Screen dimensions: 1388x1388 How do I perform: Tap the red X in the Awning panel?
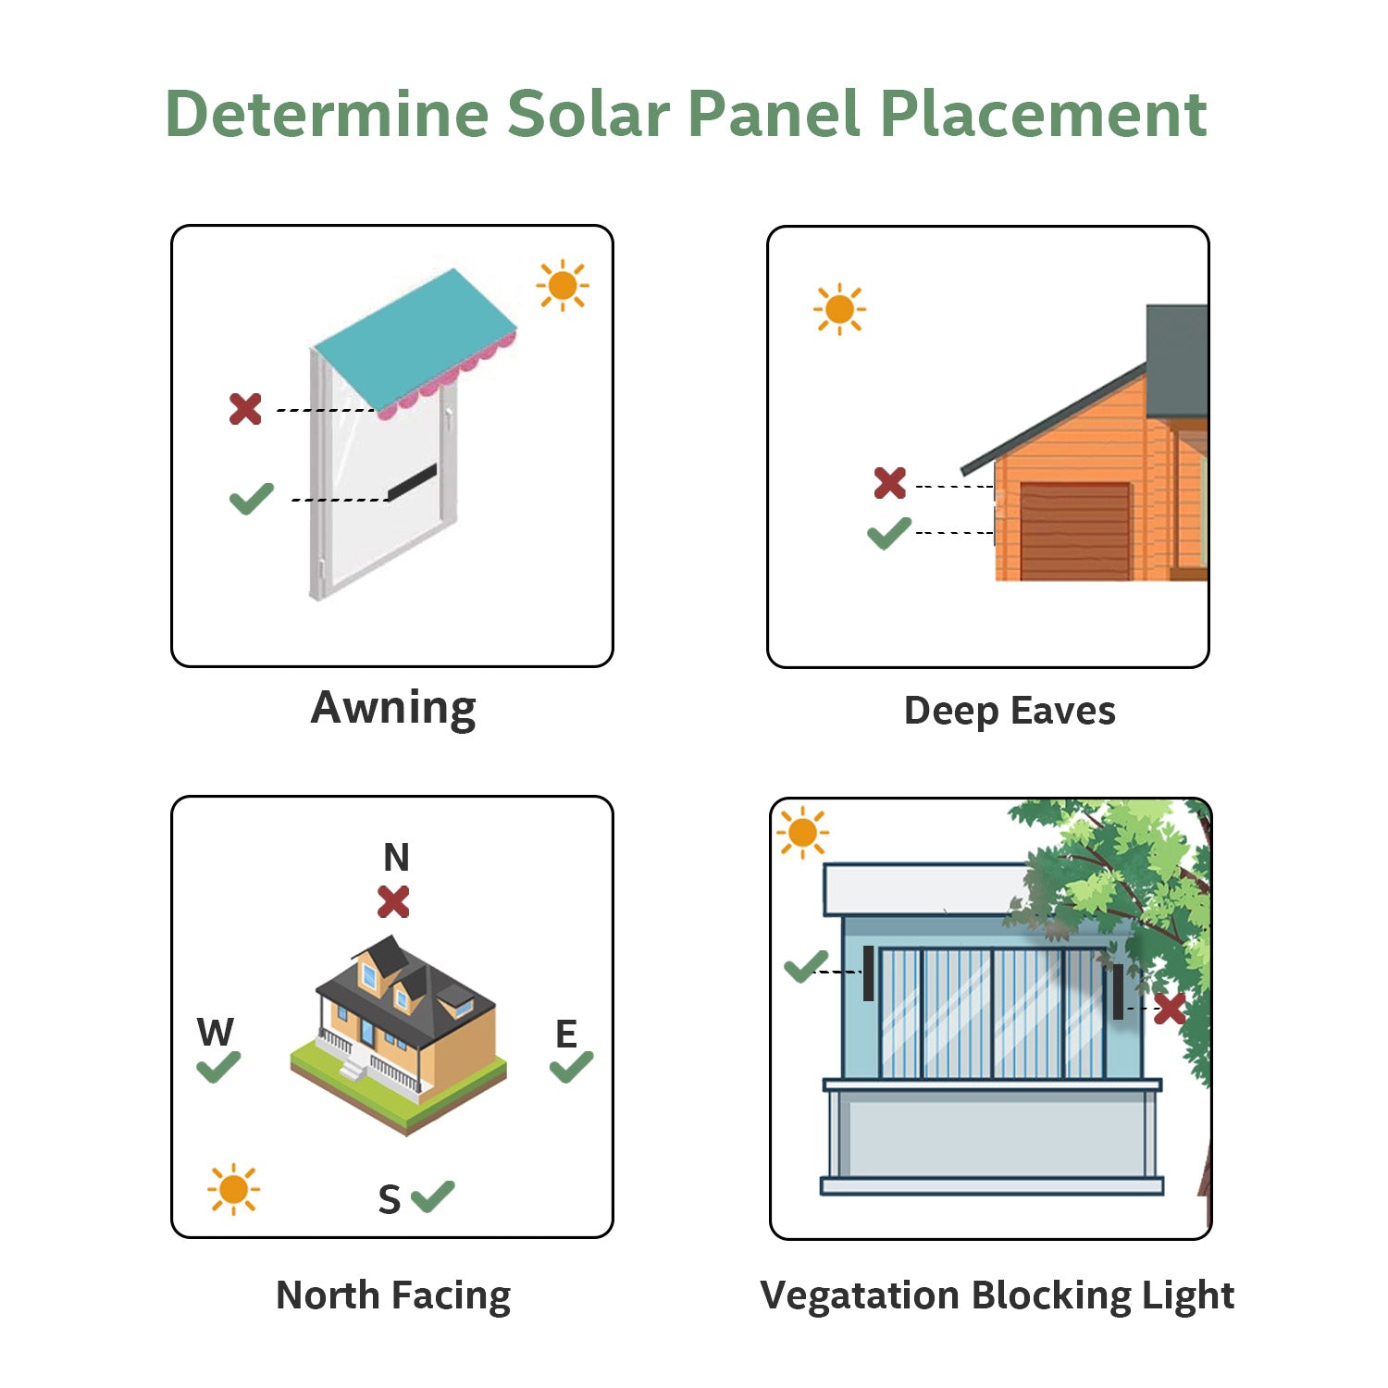[x=245, y=408]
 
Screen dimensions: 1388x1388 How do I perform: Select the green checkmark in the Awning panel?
[x=252, y=499]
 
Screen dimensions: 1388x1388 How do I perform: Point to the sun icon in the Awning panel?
[x=563, y=285]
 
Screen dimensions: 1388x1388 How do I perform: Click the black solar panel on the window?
[x=412, y=482]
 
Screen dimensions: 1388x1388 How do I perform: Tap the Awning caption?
[x=393, y=709]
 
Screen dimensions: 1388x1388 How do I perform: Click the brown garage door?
[x=1074, y=531]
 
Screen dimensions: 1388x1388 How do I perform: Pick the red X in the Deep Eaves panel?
[x=890, y=482]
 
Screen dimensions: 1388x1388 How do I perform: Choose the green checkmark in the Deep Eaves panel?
[x=889, y=533]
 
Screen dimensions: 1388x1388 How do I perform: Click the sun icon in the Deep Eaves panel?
[x=839, y=309]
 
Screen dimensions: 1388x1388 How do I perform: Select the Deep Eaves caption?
[x=1010, y=711]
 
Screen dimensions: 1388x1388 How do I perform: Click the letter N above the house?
[x=396, y=858]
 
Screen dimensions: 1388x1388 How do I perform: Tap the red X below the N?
[x=394, y=901]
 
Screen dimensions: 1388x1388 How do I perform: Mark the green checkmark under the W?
[x=218, y=1067]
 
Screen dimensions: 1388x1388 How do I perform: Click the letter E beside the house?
[x=566, y=1034]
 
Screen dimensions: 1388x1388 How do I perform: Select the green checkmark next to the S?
[x=433, y=1196]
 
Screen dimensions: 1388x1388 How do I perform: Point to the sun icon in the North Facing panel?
[x=233, y=1189]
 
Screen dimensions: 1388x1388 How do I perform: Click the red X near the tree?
[x=1170, y=1009]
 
